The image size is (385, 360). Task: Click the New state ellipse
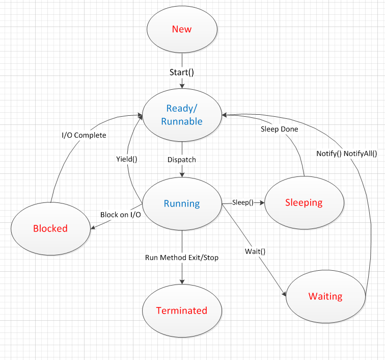182,29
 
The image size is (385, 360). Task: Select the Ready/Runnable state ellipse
182,115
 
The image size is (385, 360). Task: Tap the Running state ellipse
182,203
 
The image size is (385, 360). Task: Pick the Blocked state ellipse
50,228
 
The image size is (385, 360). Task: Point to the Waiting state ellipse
325,296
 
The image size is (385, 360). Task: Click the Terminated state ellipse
182,311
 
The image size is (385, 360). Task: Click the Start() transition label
182,71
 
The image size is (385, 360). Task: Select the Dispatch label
182,159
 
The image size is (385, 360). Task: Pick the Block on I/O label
120,215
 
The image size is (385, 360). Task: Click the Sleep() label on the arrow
242,202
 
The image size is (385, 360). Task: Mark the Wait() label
256,250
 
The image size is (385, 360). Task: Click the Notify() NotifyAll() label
346,153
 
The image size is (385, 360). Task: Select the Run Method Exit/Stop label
182,258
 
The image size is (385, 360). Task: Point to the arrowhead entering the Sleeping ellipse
263,202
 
